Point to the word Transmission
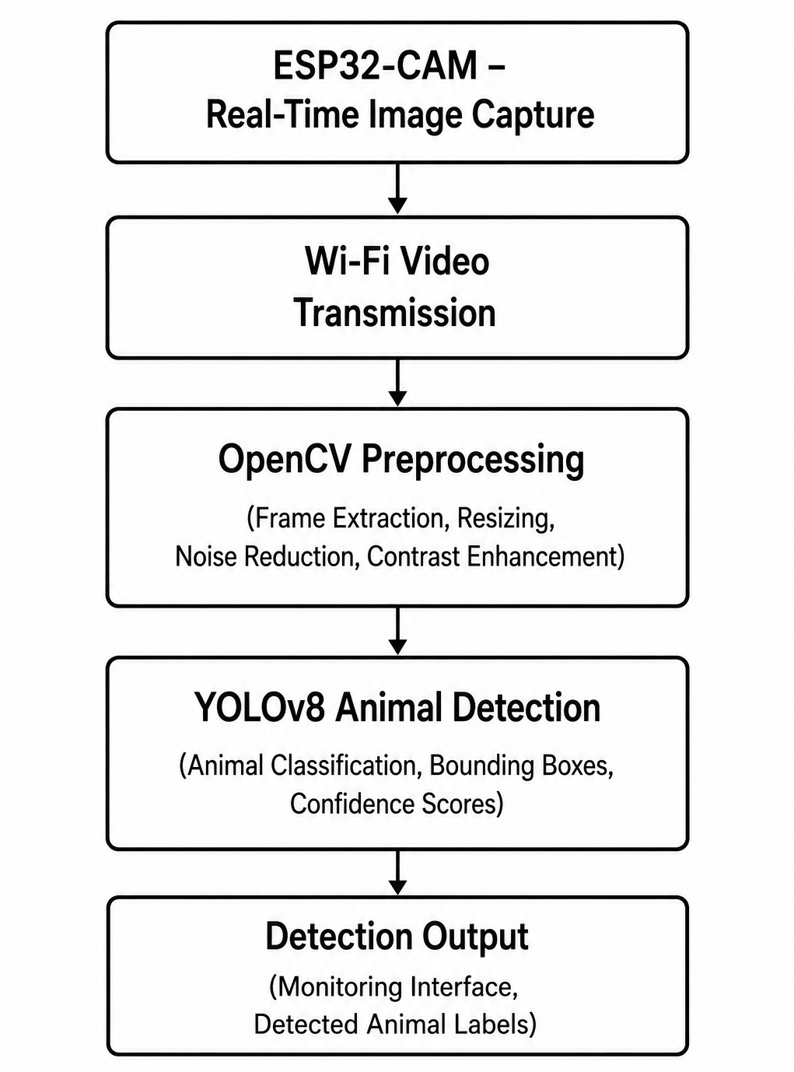pos(395,313)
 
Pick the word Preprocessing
pos(473,461)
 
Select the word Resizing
pos(505,519)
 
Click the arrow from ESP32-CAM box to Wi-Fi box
pos(397,188)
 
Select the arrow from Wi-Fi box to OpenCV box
pos(397,382)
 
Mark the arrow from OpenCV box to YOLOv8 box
pos(397,630)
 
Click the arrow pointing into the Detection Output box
pos(397,872)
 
